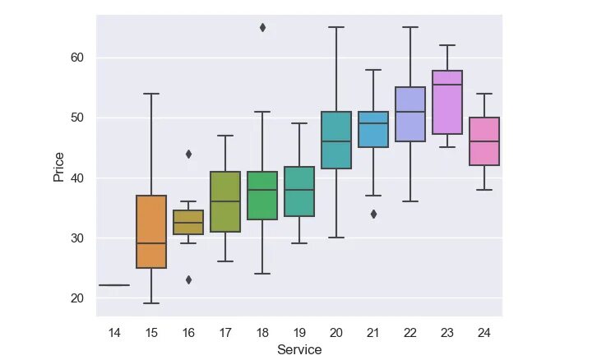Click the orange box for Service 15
pos(151,231)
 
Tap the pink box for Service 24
pos(484,141)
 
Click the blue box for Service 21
pos(373,129)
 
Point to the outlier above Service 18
pos(262,27)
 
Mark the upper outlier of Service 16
pos(188,154)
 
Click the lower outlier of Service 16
pos(188,279)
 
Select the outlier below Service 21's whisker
pos(373,214)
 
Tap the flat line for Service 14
pos(114,285)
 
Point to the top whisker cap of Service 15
pos(151,94)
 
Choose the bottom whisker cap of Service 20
pos(336,238)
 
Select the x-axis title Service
pos(299,350)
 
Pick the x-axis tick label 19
pos(299,331)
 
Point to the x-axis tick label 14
pos(114,331)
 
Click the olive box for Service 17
pos(225,201)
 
